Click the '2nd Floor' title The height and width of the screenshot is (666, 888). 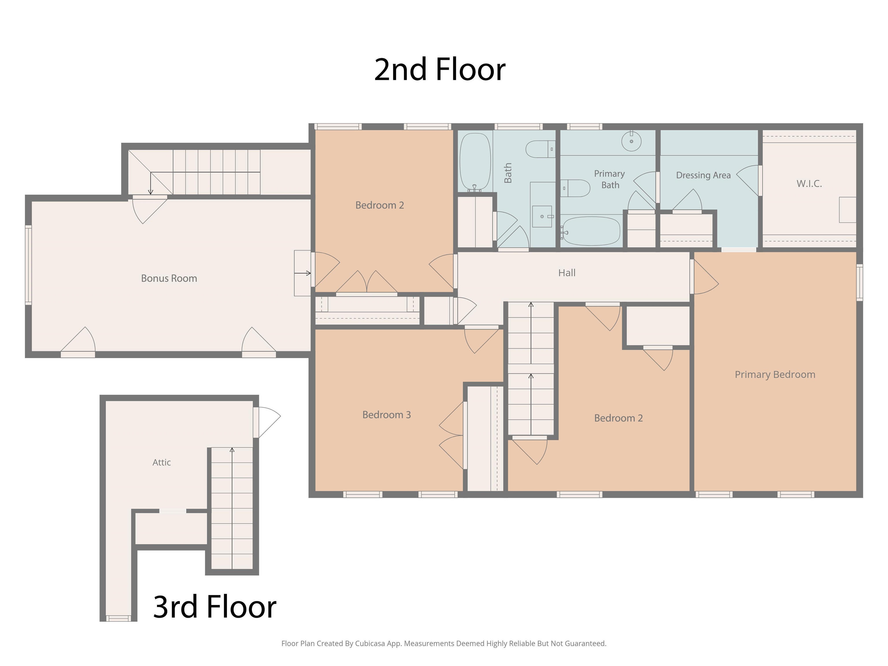pos(440,69)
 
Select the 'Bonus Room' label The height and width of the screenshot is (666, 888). pos(169,278)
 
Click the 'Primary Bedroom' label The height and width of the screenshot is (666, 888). pos(775,375)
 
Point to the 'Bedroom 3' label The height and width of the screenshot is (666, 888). pos(386,415)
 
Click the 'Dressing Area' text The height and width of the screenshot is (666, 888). pos(703,175)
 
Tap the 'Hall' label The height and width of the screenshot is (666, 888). pos(567,273)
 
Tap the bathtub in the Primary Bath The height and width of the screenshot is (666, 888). pos(591,231)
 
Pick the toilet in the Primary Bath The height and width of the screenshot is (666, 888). pos(575,188)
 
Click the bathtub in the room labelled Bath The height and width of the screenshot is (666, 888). pos(475,162)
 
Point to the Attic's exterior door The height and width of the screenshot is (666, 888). pos(256,422)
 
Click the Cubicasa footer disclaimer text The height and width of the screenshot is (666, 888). pos(444,643)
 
